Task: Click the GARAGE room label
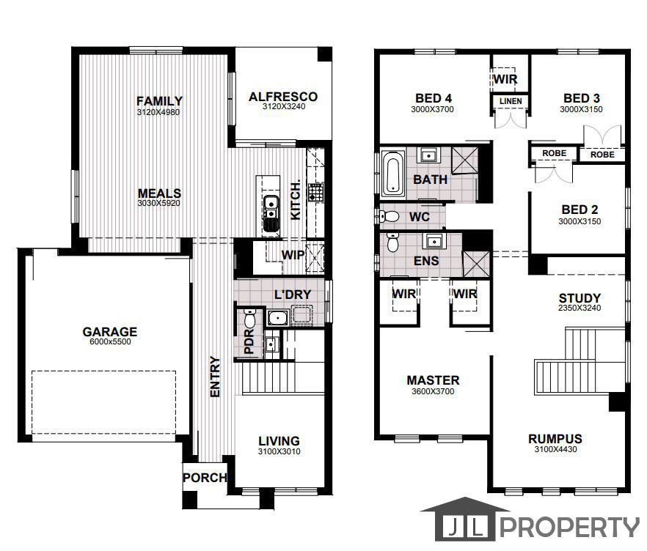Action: point(109,332)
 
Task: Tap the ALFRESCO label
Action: point(282,97)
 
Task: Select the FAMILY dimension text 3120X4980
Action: point(158,113)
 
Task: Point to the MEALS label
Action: point(159,193)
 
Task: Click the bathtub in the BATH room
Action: point(392,174)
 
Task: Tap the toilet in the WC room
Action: point(390,217)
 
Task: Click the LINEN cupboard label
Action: point(511,101)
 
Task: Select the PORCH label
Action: point(205,478)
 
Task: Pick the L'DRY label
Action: point(293,295)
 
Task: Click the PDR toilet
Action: point(250,319)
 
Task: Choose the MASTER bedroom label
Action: point(433,380)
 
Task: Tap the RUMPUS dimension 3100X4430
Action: point(555,450)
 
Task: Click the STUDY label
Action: point(580,298)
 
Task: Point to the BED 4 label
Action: point(433,98)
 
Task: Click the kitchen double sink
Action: point(271,208)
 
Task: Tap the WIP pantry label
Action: point(293,255)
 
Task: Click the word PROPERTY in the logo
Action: point(570,527)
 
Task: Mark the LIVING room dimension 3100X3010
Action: point(279,451)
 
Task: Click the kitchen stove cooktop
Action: point(316,193)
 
